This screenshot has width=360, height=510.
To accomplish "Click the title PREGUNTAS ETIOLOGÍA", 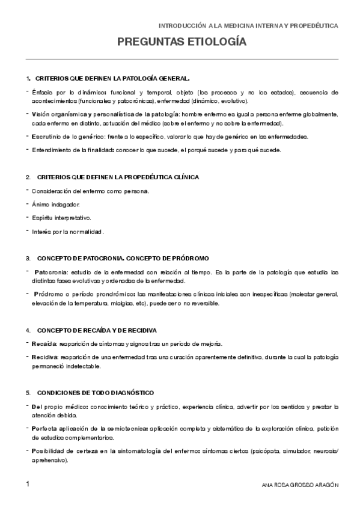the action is point(182,43).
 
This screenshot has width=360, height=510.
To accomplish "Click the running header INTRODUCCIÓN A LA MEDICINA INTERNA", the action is point(247,26).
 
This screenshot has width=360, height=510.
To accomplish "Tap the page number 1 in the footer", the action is point(28,484).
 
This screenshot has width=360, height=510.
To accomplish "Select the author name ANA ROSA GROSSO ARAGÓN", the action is point(301,485).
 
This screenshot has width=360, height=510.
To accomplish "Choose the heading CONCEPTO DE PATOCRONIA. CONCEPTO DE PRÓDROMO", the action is point(123,258).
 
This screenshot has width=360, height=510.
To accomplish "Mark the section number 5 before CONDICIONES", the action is point(28,392).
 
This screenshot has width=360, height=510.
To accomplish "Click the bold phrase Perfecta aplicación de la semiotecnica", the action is point(89,428).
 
